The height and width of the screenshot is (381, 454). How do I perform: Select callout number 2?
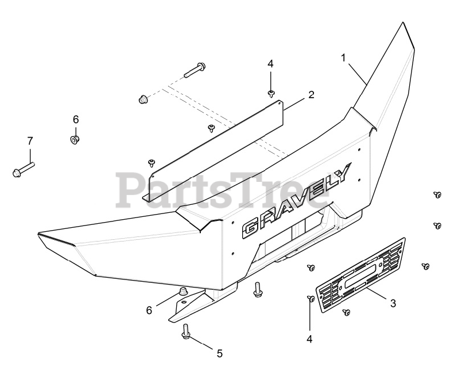pyautogui.click(x=311, y=95)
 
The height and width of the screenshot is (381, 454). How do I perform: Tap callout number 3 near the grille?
pyautogui.click(x=393, y=302)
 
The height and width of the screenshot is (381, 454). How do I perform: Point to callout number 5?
pyautogui.click(x=219, y=353)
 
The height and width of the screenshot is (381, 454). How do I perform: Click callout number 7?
pyautogui.click(x=30, y=140)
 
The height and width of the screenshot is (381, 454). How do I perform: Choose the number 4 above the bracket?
pyautogui.click(x=270, y=63)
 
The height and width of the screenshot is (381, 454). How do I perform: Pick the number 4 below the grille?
pyautogui.click(x=309, y=339)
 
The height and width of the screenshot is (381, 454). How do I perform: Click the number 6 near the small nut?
pyautogui.click(x=75, y=120)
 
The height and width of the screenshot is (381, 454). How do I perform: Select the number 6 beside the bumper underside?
pyautogui.click(x=149, y=310)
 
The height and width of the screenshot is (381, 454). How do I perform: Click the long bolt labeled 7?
pyautogui.click(x=23, y=168)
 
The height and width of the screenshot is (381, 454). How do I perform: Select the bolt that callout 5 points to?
pyautogui.click(x=187, y=332)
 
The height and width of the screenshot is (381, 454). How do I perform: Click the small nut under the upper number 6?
pyautogui.click(x=75, y=139)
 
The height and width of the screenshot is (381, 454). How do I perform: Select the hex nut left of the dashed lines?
pyautogui.click(x=143, y=99)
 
